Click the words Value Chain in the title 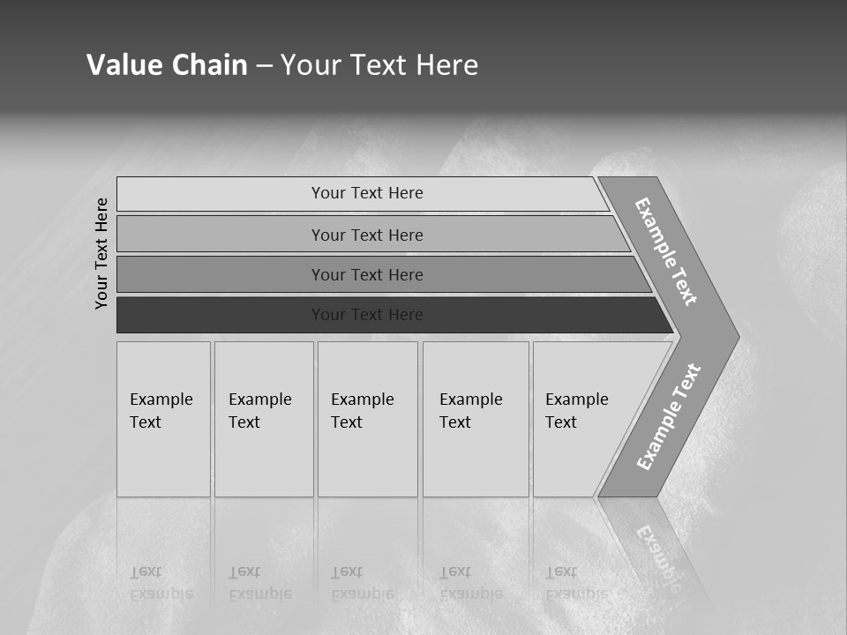[x=167, y=64]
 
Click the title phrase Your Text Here [x=379, y=64]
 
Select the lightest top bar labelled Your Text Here [x=366, y=193]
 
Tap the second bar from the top [x=366, y=235]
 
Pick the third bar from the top [x=366, y=274]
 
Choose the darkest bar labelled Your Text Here [x=366, y=315]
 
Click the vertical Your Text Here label [x=101, y=253]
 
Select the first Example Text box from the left [x=163, y=419]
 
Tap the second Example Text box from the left [x=263, y=419]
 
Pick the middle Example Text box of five [x=367, y=419]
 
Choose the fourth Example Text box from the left [x=475, y=419]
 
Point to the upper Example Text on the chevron [x=666, y=251]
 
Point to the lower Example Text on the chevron [x=668, y=417]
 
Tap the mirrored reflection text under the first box [x=161, y=584]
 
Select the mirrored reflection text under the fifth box [x=576, y=584]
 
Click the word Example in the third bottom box [x=362, y=400]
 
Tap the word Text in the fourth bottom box [x=455, y=422]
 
